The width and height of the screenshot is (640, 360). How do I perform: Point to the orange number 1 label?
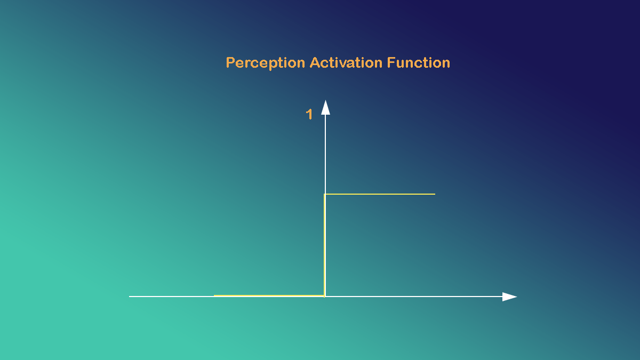coord(309,114)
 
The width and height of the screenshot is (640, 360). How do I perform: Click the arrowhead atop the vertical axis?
coord(325,107)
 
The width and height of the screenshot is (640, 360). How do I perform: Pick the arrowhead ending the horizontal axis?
coord(509,297)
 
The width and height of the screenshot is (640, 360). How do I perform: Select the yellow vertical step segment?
coord(325,245)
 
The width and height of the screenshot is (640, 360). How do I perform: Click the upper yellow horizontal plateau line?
coord(380,194)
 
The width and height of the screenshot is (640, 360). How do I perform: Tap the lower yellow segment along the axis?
coord(269,295)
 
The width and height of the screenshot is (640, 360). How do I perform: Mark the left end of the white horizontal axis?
coord(130,296)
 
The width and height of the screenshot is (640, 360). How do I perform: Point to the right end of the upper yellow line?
coord(434,194)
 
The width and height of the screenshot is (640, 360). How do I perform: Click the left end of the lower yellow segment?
coord(215,295)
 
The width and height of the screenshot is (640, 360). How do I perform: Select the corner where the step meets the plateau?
coord(325,195)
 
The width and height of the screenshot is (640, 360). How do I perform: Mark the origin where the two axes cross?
coord(325,296)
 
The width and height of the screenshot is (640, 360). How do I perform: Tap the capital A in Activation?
coord(315,63)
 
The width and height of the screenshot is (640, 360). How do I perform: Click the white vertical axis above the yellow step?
coord(325,155)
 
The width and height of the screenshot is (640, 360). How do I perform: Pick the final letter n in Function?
coord(446,63)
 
